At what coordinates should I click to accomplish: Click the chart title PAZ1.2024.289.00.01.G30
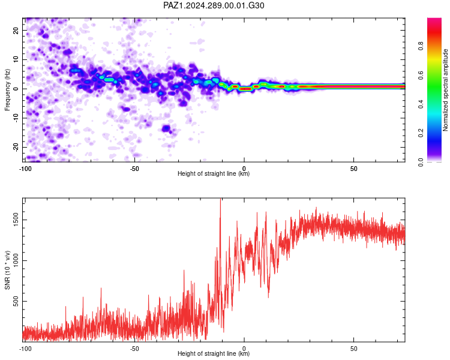(x=214, y=5)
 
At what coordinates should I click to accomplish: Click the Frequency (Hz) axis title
(x=7, y=90)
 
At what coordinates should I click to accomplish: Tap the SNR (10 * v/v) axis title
(x=7, y=270)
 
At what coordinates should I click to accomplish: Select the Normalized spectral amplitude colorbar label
(x=445, y=90)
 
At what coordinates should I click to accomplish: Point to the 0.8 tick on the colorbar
(x=421, y=46)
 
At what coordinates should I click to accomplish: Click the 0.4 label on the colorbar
(x=421, y=104)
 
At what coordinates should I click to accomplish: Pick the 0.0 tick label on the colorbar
(x=421, y=163)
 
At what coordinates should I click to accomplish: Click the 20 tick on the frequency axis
(x=16, y=30)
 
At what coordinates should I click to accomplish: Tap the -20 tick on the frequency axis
(x=16, y=147)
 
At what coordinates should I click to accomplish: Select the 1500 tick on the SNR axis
(x=16, y=220)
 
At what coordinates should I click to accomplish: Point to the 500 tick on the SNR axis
(x=16, y=301)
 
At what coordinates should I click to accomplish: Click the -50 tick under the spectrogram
(x=134, y=169)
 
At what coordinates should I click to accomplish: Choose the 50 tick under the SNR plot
(x=353, y=349)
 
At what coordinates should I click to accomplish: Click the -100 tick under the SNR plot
(x=25, y=349)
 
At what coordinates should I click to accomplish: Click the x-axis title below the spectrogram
(x=214, y=173)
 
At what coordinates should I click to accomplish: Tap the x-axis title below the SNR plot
(x=214, y=353)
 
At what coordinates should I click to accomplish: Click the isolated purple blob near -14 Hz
(x=166, y=128)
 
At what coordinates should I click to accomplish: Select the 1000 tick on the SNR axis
(x=16, y=260)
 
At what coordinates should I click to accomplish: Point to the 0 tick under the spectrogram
(x=244, y=169)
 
